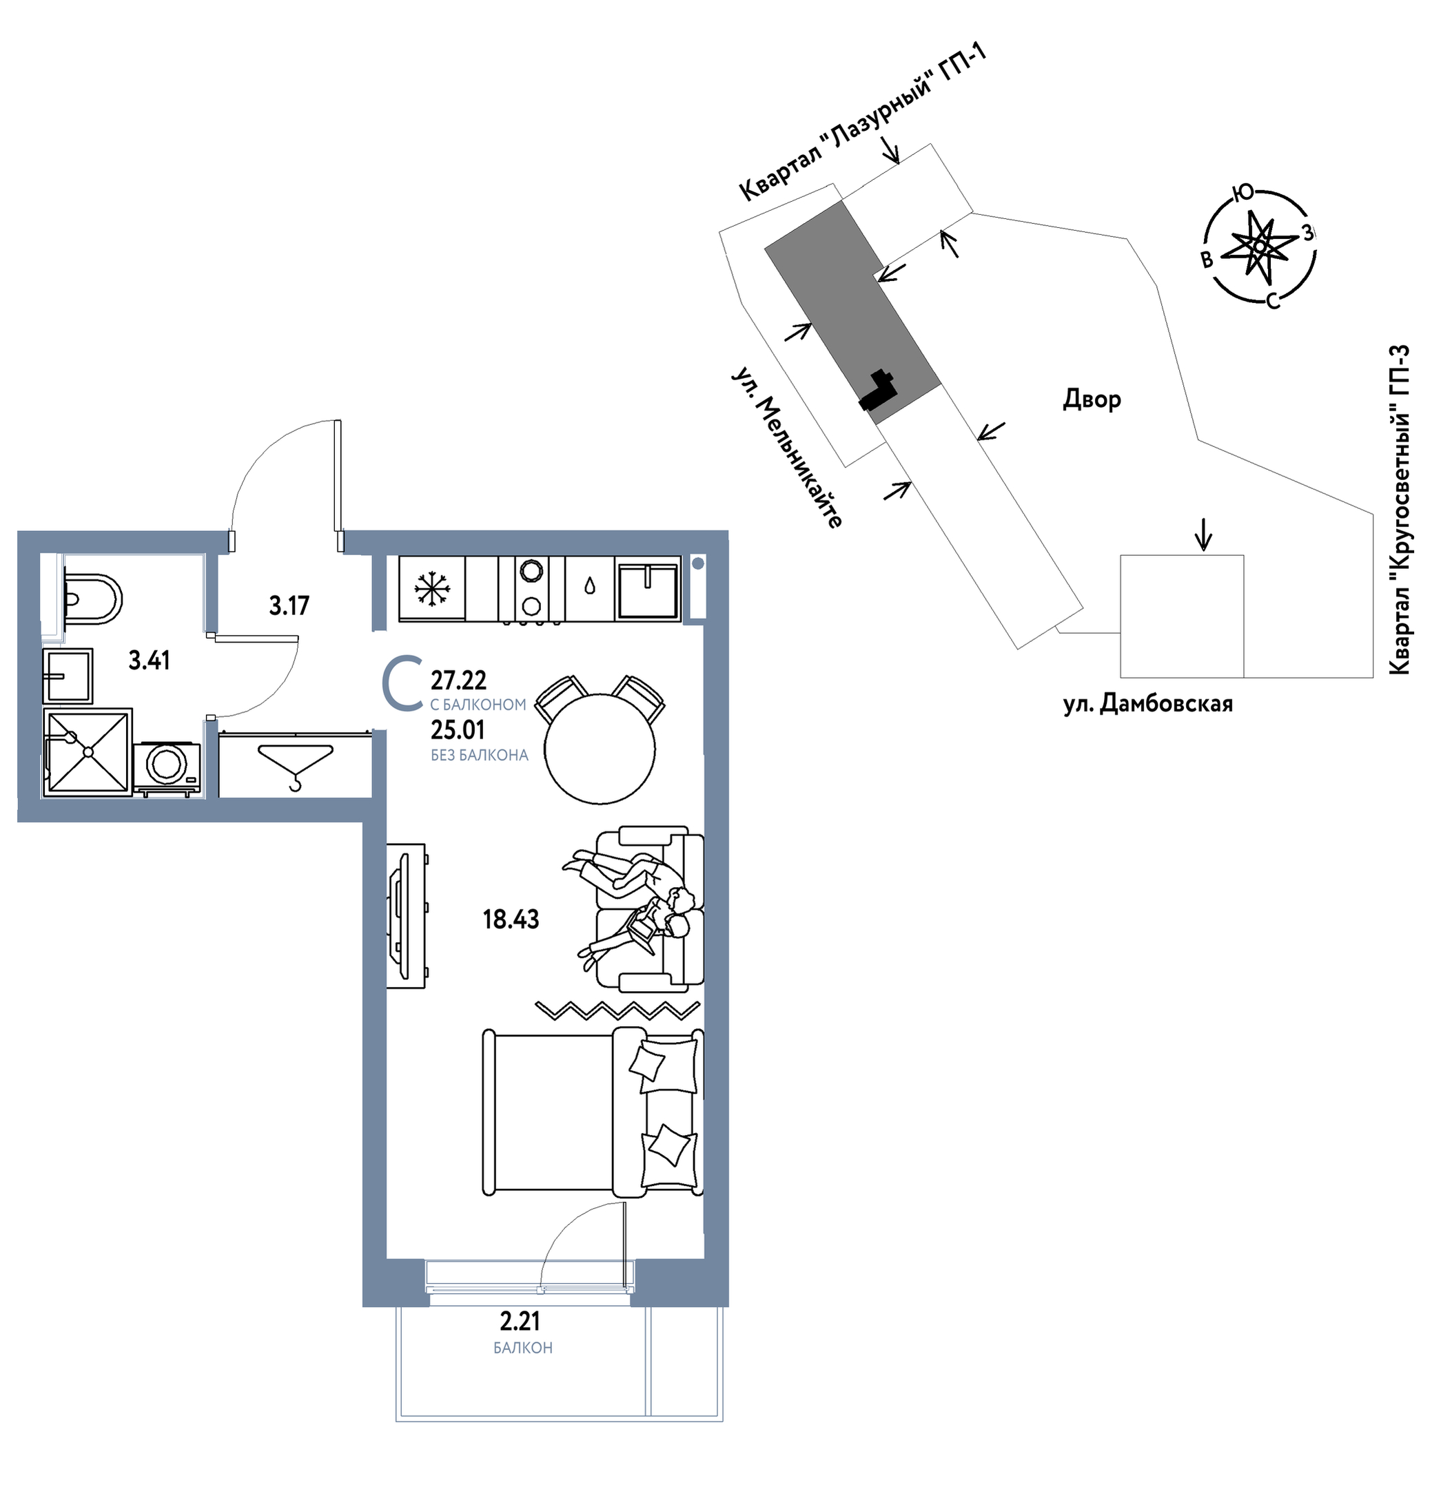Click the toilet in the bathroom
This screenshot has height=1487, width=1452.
92,599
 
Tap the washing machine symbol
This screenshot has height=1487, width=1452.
167,769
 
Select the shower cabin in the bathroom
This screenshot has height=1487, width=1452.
88,752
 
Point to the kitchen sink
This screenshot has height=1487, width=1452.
648,589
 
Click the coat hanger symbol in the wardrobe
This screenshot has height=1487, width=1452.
296,767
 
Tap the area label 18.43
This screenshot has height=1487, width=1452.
510,919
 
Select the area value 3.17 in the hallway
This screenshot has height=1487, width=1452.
289,606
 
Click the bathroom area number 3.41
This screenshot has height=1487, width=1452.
149,660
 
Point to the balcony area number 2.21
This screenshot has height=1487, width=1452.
520,1320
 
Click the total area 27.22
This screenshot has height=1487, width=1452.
458,680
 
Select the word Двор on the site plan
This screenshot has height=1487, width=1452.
1092,399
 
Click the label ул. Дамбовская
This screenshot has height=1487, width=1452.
1147,703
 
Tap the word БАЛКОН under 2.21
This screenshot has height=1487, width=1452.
522,1347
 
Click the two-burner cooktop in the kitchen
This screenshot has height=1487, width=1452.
531,588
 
